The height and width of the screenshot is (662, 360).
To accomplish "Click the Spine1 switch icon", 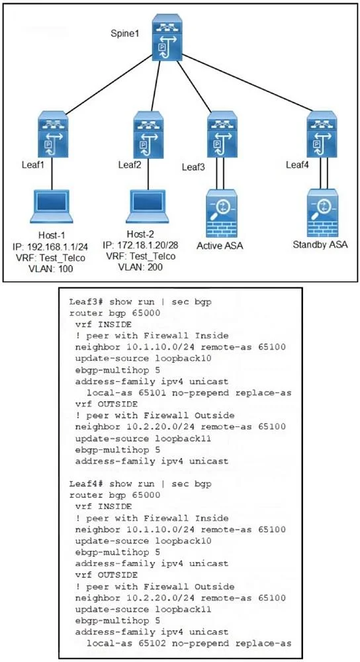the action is pyautogui.click(x=168, y=38).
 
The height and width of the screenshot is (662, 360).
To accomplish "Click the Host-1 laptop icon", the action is pyautogui.click(x=52, y=207).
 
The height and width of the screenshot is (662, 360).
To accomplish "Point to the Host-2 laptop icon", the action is pyautogui.click(x=148, y=207).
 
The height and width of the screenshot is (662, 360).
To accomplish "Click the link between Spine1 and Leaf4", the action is pyautogui.click(x=251, y=82).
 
